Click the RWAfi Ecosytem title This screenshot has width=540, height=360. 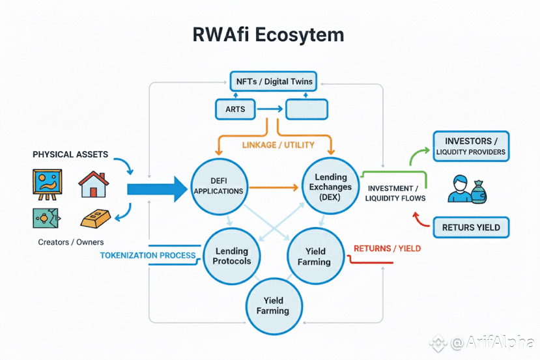tap(268, 35)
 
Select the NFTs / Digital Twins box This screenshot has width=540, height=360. tap(273, 82)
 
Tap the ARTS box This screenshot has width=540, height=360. tap(236, 109)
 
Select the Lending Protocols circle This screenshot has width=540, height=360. tap(232, 256)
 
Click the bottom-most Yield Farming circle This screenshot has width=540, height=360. tap(272, 305)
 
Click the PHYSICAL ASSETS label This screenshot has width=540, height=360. tap(70, 154)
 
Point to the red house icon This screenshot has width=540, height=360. tap(92, 184)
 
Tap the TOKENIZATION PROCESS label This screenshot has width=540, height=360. tap(148, 255)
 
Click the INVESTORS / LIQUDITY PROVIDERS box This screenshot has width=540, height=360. tap(470, 147)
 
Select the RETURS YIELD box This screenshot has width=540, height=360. tap(471, 228)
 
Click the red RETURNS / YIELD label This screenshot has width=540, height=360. tap(387, 248)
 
